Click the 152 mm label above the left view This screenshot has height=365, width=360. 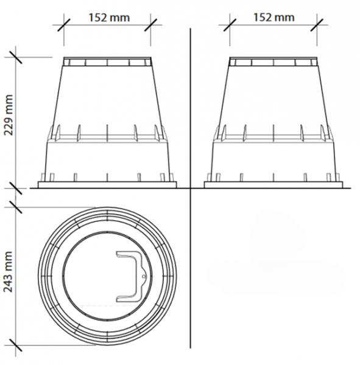click(109, 18)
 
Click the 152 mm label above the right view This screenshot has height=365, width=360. click(274, 18)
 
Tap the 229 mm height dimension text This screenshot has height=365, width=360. click(9, 115)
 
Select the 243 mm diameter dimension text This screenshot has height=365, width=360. click(9, 271)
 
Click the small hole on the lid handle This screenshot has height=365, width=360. click(144, 277)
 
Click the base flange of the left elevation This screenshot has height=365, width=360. click(107, 185)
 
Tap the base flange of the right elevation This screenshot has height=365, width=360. click(274, 185)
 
